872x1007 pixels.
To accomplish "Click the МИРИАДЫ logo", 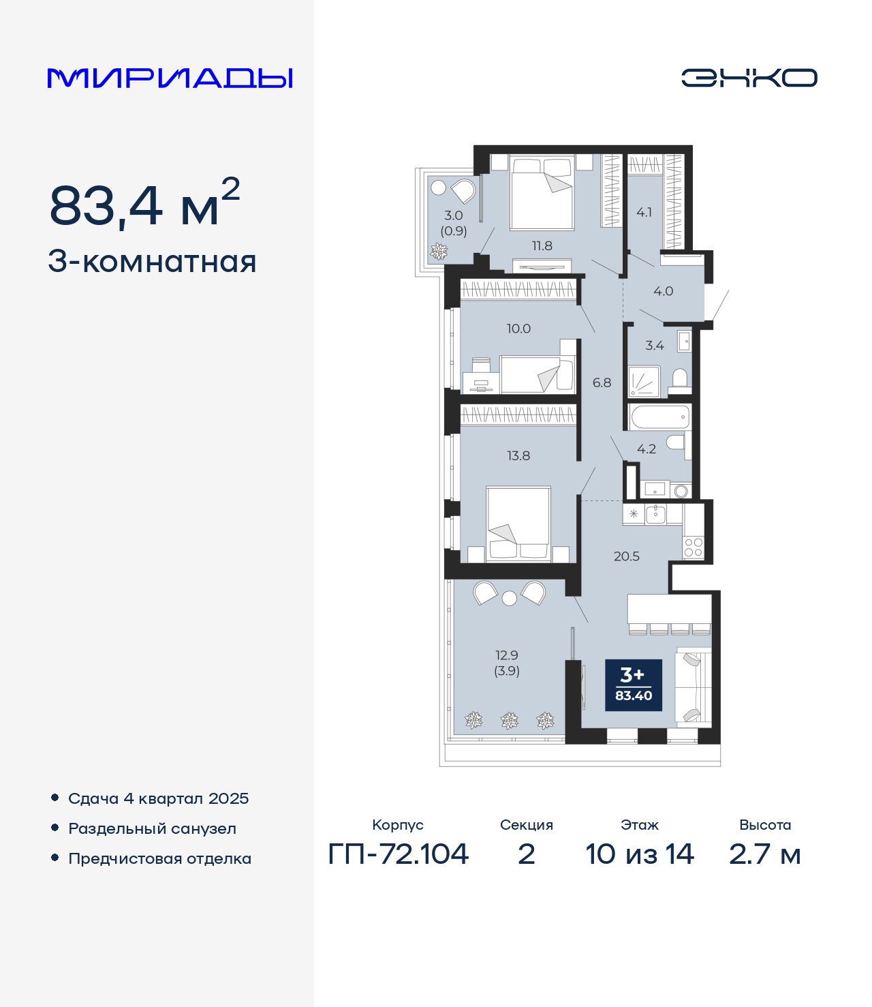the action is click(x=170, y=78).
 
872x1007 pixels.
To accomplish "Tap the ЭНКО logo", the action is click(x=749, y=78).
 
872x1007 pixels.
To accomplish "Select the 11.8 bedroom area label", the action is click(x=542, y=246).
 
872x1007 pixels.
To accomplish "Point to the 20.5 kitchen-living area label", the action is click(x=627, y=556).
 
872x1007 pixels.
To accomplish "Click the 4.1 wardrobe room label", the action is click(x=644, y=213).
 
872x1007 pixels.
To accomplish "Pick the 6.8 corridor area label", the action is click(x=602, y=383).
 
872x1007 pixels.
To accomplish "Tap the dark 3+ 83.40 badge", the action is click(x=634, y=685).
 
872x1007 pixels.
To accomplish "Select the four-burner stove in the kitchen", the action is click(x=694, y=547).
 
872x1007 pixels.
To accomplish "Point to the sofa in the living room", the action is click(x=694, y=687).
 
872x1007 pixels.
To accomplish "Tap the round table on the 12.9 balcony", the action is click(x=510, y=598).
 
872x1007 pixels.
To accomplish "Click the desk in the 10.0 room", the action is click(x=481, y=382).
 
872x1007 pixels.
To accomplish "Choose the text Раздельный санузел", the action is click(x=153, y=828).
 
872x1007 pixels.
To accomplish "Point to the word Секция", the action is click(x=527, y=825).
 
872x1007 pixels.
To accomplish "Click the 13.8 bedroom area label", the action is click(x=518, y=456).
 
